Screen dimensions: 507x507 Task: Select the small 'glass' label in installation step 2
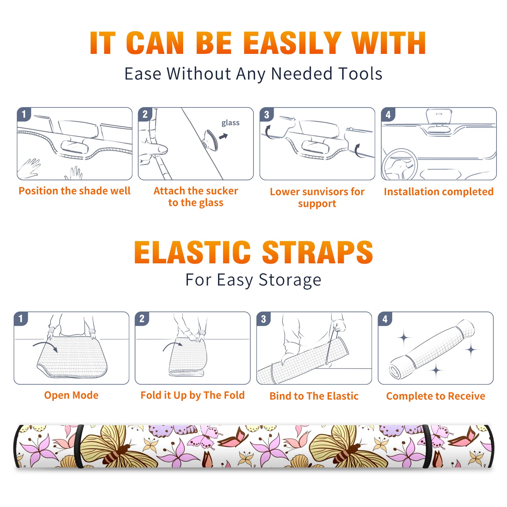click(x=230, y=123)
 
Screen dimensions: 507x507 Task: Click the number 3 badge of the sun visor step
click(x=267, y=114)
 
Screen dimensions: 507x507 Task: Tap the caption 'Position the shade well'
click(x=74, y=191)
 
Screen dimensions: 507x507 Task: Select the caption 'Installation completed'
click(x=439, y=191)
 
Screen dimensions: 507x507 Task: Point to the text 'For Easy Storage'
click(x=253, y=280)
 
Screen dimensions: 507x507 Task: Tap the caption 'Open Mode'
click(x=71, y=395)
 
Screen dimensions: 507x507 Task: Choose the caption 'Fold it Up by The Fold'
click(x=193, y=395)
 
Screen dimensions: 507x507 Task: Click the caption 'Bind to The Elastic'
click(x=314, y=396)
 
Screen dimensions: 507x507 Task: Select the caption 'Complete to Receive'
click(x=436, y=396)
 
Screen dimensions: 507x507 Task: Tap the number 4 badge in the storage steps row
click(x=385, y=319)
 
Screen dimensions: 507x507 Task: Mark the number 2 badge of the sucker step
click(x=145, y=114)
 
